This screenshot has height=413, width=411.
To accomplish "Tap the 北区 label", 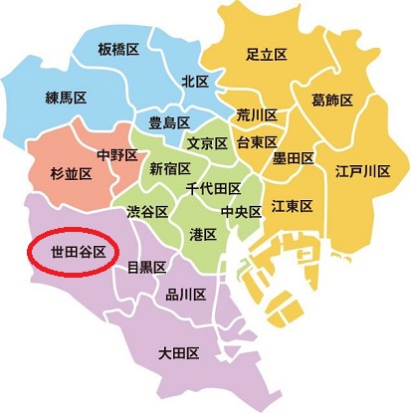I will (x=194, y=81).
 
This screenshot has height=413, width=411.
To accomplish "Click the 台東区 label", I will (x=256, y=142).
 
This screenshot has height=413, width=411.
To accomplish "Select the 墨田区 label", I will (x=295, y=157).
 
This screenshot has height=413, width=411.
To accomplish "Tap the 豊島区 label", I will (x=169, y=122).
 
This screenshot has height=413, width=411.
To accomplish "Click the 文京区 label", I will (x=208, y=143).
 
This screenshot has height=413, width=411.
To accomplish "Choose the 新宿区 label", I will (x=169, y=169).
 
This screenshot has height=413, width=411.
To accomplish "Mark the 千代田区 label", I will (x=213, y=187).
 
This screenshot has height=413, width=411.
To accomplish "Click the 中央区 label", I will (x=241, y=211).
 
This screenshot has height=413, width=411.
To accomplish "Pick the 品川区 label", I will (x=185, y=294).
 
